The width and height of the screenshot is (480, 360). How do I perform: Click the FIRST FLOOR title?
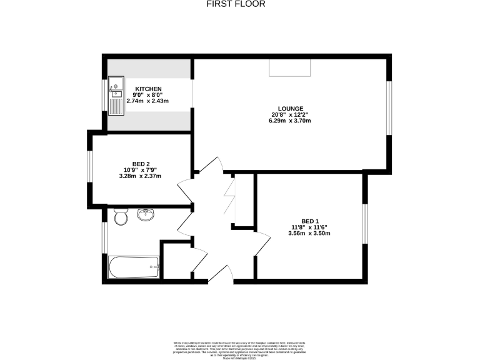click(x=236, y=4)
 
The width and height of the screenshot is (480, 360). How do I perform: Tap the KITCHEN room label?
click(x=148, y=89)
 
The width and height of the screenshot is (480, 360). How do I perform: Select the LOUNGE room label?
click(x=291, y=107)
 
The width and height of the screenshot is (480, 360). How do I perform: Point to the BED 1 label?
click(x=309, y=221)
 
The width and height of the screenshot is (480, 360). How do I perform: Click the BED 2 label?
click(x=140, y=163)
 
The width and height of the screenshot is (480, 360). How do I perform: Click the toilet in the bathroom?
click(x=121, y=216)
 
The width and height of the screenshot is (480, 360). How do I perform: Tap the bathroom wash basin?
click(x=146, y=215)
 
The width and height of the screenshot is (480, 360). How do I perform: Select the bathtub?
click(x=135, y=267)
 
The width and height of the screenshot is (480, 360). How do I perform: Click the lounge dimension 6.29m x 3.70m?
click(x=291, y=121)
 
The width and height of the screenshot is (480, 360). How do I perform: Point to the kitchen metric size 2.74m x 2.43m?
click(x=147, y=101)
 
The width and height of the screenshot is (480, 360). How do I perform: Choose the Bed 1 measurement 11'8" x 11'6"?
click(x=309, y=227)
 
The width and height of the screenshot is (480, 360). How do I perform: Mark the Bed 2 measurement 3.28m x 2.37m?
click(x=140, y=176)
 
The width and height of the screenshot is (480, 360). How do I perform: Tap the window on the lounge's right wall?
click(x=390, y=107)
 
